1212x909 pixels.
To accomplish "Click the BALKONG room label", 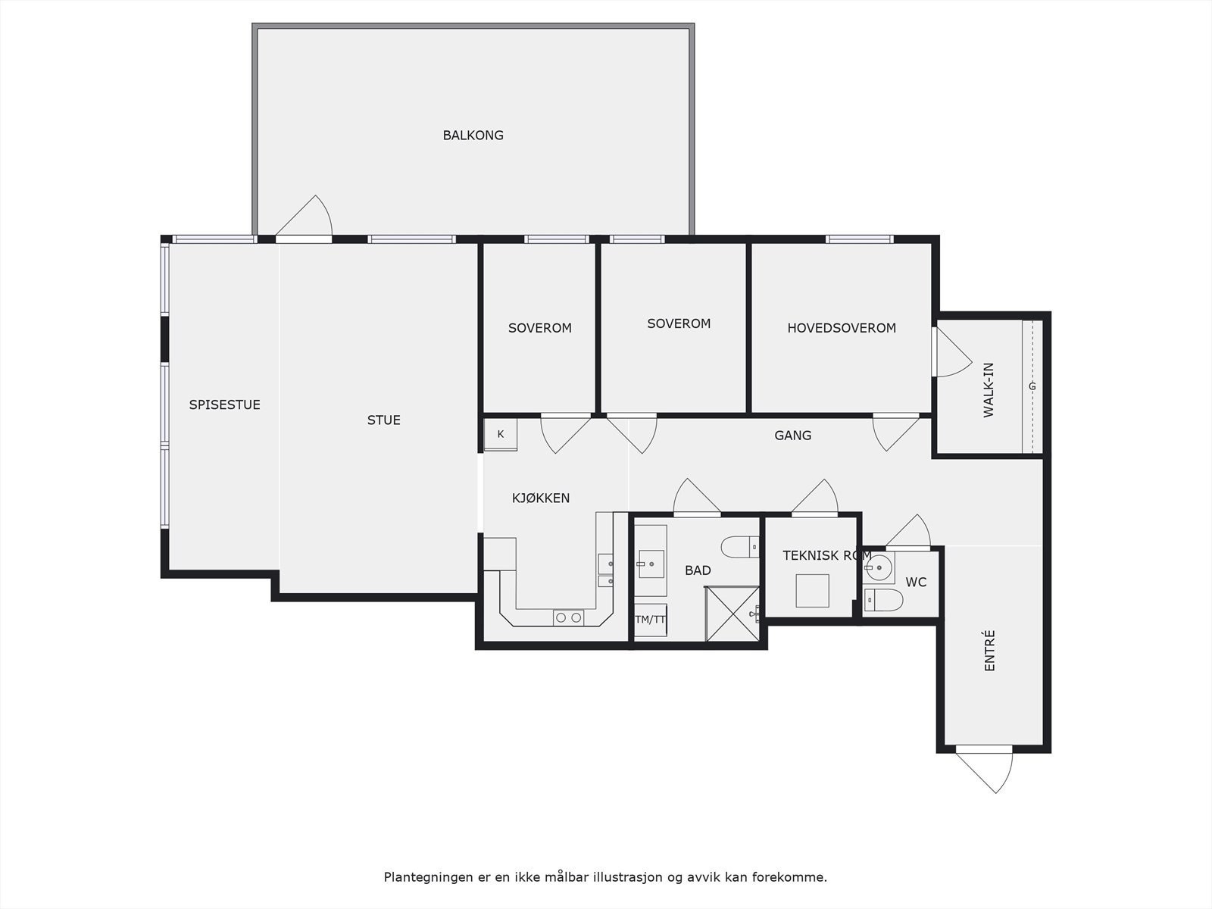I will pos(473,136).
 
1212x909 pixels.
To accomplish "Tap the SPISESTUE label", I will pos(224,405).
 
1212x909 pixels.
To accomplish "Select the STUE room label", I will pos(383,420).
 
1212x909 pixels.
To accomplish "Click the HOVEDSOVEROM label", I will pos(841,328).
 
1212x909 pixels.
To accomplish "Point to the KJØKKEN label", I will pos(540,498).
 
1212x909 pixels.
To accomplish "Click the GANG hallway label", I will pos(792,436).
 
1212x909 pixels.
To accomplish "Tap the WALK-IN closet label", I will pos(989,390).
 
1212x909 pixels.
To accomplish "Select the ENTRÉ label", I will pos(989,651).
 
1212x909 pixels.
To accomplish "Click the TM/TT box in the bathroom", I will pos(650,620).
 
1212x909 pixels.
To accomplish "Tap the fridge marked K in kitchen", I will pos(501,435).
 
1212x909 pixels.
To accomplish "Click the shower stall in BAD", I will pos(732,614).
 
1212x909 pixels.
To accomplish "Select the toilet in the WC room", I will pos(883,601).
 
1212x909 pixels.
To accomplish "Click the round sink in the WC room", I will pos(879,567).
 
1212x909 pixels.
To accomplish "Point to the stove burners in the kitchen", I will pos(568,618).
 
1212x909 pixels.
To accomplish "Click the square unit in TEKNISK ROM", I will pos(812,591).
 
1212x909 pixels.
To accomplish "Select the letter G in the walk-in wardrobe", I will pos(1032,386).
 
